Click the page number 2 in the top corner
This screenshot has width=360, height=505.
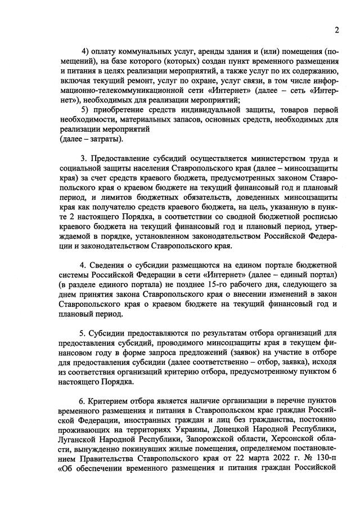[x=336, y=30]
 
